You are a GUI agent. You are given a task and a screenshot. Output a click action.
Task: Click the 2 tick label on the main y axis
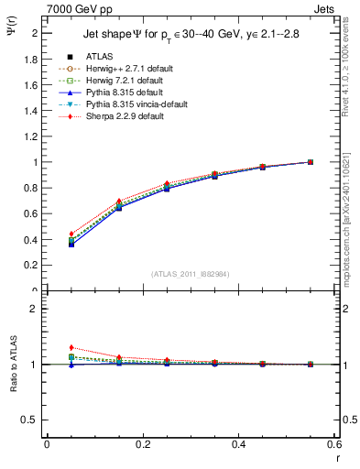point(34,33)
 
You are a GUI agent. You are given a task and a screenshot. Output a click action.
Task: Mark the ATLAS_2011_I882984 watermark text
point(191,274)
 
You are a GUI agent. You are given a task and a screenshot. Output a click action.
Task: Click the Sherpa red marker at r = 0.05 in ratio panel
point(71,347)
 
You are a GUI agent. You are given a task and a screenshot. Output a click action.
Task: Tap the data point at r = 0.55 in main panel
point(311,162)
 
